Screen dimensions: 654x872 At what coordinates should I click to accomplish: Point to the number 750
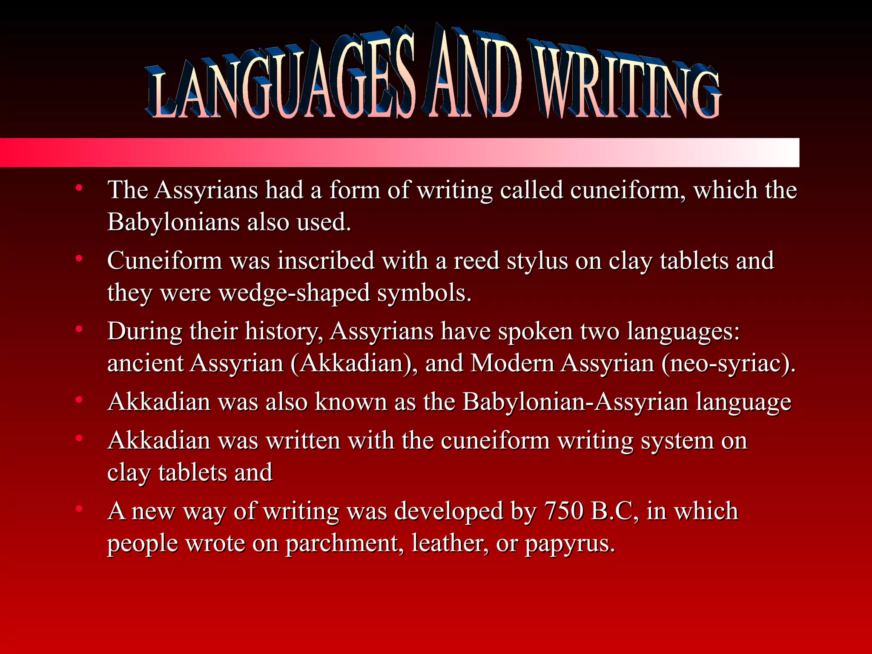coord(563,511)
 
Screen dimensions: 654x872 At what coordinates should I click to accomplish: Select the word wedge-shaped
coord(294,293)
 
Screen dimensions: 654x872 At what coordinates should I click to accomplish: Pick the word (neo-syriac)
coord(729,364)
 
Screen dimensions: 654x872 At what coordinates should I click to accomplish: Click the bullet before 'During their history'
coord(79,329)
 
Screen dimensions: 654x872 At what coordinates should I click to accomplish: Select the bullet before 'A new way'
coord(79,509)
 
